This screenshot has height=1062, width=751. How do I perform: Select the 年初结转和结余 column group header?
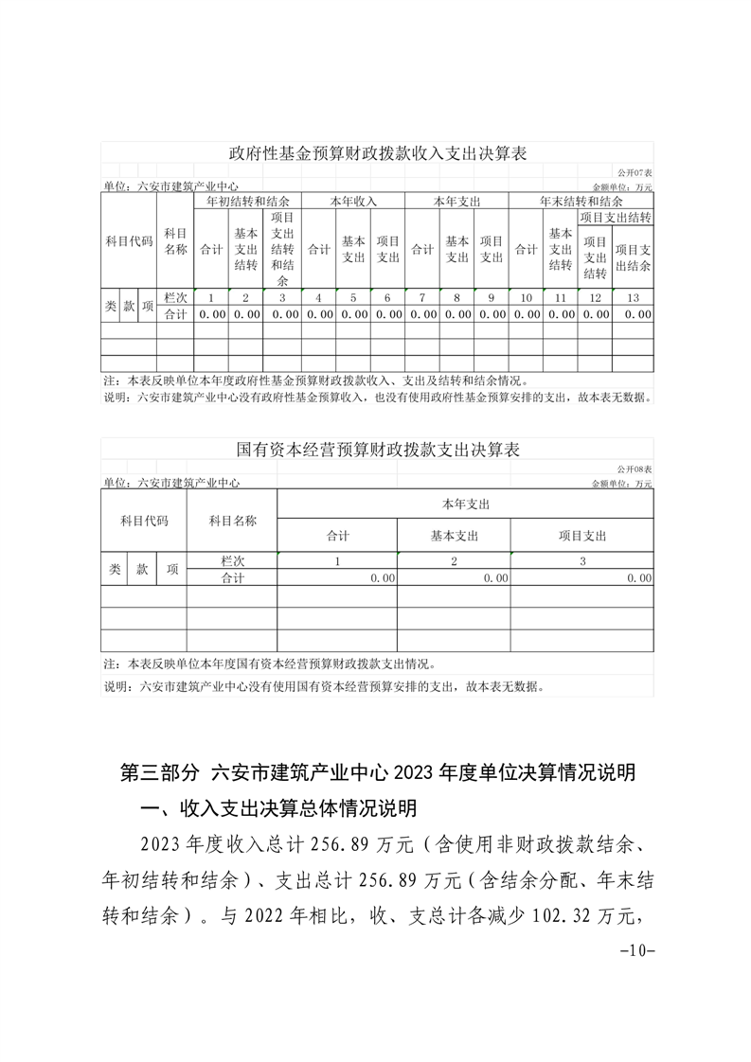(x=247, y=202)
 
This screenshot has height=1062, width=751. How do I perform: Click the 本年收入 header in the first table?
(x=353, y=202)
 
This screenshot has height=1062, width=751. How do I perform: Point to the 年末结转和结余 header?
(x=581, y=202)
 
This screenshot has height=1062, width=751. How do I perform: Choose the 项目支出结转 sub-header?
(x=616, y=218)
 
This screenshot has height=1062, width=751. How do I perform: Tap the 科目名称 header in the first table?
(x=175, y=241)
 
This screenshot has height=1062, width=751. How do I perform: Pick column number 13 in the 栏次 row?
(x=634, y=297)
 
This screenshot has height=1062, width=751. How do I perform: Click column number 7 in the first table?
(x=422, y=297)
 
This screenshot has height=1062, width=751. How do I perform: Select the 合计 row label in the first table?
(x=175, y=313)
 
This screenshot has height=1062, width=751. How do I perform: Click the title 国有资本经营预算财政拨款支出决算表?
(x=378, y=450)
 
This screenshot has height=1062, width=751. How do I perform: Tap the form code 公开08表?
(x=635, y=470)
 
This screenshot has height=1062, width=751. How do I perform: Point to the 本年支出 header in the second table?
(x=465, y=503)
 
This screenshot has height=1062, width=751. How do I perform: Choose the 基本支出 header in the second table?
(x=455, y=536)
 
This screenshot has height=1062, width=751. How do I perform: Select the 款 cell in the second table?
(x=142, y=569)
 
